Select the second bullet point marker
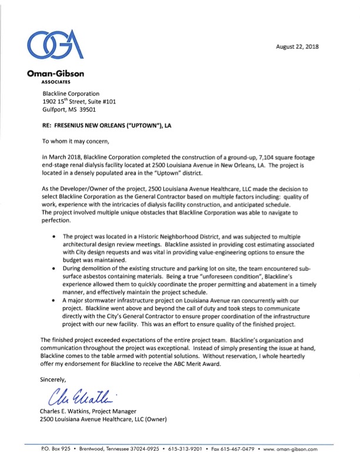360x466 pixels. pos(54,268)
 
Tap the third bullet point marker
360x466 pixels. pos(54,300)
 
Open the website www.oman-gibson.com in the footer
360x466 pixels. pos(290,449)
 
